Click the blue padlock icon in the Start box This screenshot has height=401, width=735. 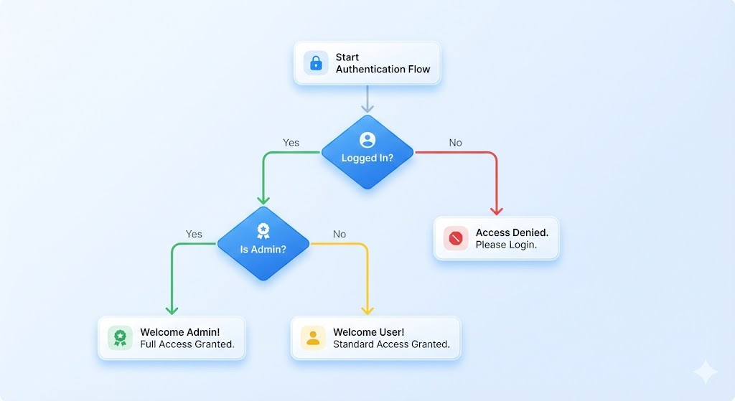click(316, 63)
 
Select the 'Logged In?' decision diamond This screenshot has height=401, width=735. click(367, 152)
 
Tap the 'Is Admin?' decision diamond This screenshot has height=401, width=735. click(263, 244)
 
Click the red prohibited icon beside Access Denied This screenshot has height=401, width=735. click(456, 238)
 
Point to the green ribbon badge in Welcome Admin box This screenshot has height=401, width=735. click(121, 338)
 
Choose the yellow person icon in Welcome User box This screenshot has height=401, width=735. click(313, 338)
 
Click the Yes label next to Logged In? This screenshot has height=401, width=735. click(291, 143)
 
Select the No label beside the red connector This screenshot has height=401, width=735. click(456, 143)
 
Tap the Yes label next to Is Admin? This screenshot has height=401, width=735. click(194, 235)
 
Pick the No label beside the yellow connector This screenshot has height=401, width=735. click(340, 235)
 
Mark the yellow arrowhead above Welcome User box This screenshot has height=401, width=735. click(367, 310)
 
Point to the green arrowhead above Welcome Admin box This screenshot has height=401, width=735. click(172, 310)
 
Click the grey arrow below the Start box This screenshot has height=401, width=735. click(367, 99)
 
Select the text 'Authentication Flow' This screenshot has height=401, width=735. click(383, 70)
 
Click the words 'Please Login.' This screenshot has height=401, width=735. click(506, 245)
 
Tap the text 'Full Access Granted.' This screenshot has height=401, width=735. click(187, 344)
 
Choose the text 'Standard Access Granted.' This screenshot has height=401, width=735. click(391, 344)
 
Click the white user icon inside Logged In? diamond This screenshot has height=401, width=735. click(367, 140)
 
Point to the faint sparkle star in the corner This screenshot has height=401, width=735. click(706, 372)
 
